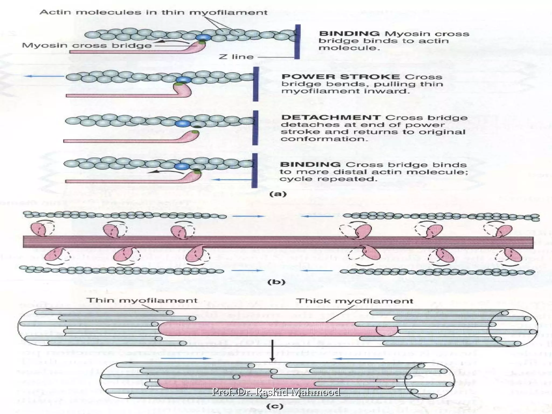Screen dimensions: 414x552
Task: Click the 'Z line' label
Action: coord(236,57)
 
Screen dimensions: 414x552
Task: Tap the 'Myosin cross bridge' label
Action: coord(87,45)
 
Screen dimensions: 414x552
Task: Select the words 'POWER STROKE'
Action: coord(340,77)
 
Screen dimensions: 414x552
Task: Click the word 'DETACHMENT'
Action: coord(331,118)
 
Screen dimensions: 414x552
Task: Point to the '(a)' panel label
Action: coord(278,194)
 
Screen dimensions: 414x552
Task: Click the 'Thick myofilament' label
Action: coord(354,301)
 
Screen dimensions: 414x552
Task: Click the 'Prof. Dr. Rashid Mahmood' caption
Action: coord(276,392)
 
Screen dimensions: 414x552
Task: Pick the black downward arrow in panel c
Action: coord(272,350)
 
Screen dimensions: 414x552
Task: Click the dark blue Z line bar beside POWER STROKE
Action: coord(256,84)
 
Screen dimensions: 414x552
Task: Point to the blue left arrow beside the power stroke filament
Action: coord(44,76)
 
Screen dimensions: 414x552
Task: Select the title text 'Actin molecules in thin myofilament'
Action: coord(153,12)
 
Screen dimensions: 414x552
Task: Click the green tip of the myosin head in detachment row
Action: coord(196,133)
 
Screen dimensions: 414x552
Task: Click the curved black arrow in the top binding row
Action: coord(172,42)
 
